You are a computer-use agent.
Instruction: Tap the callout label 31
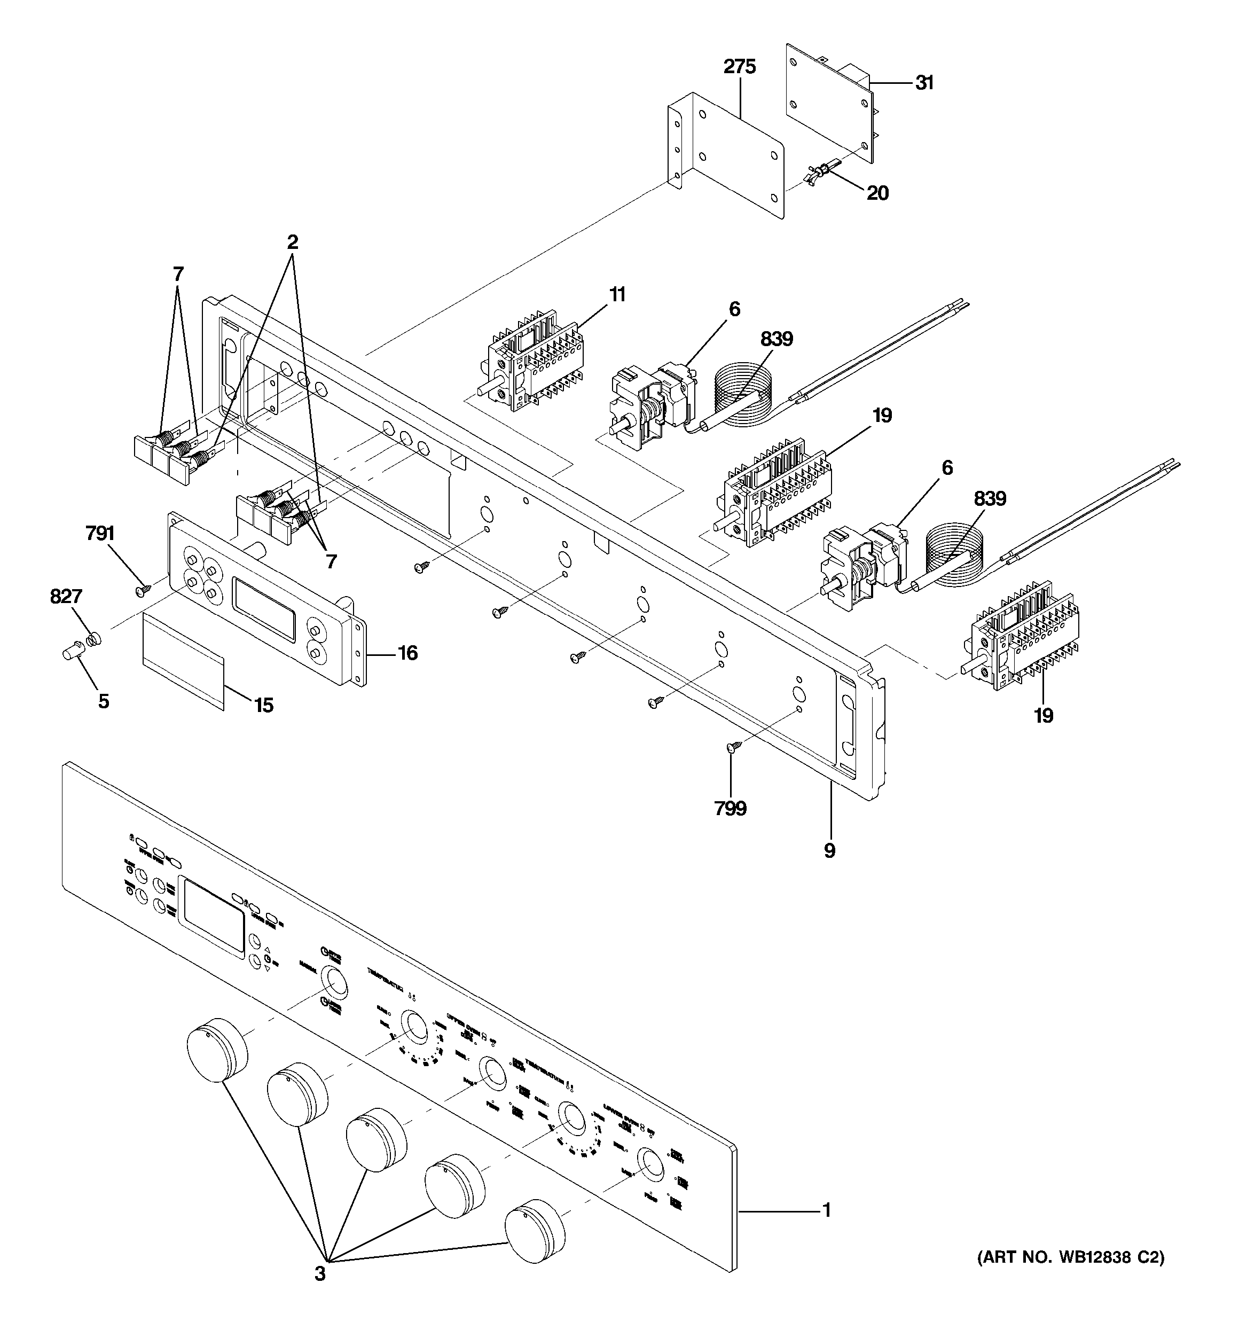pos(924,83)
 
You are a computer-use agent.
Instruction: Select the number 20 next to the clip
pos(878,193)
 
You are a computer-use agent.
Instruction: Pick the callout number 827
pos(66,597)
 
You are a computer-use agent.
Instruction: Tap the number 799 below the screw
pos(730,809)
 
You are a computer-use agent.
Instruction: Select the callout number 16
pos(407,653)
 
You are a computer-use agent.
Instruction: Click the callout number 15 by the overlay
pos(264,705)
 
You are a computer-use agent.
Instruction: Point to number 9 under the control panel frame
pos(829,850)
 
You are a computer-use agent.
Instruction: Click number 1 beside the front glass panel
pos(827,1210)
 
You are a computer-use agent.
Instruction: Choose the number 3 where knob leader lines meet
pos(320,1274)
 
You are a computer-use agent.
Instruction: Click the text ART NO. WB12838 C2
pos(1071,1258)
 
